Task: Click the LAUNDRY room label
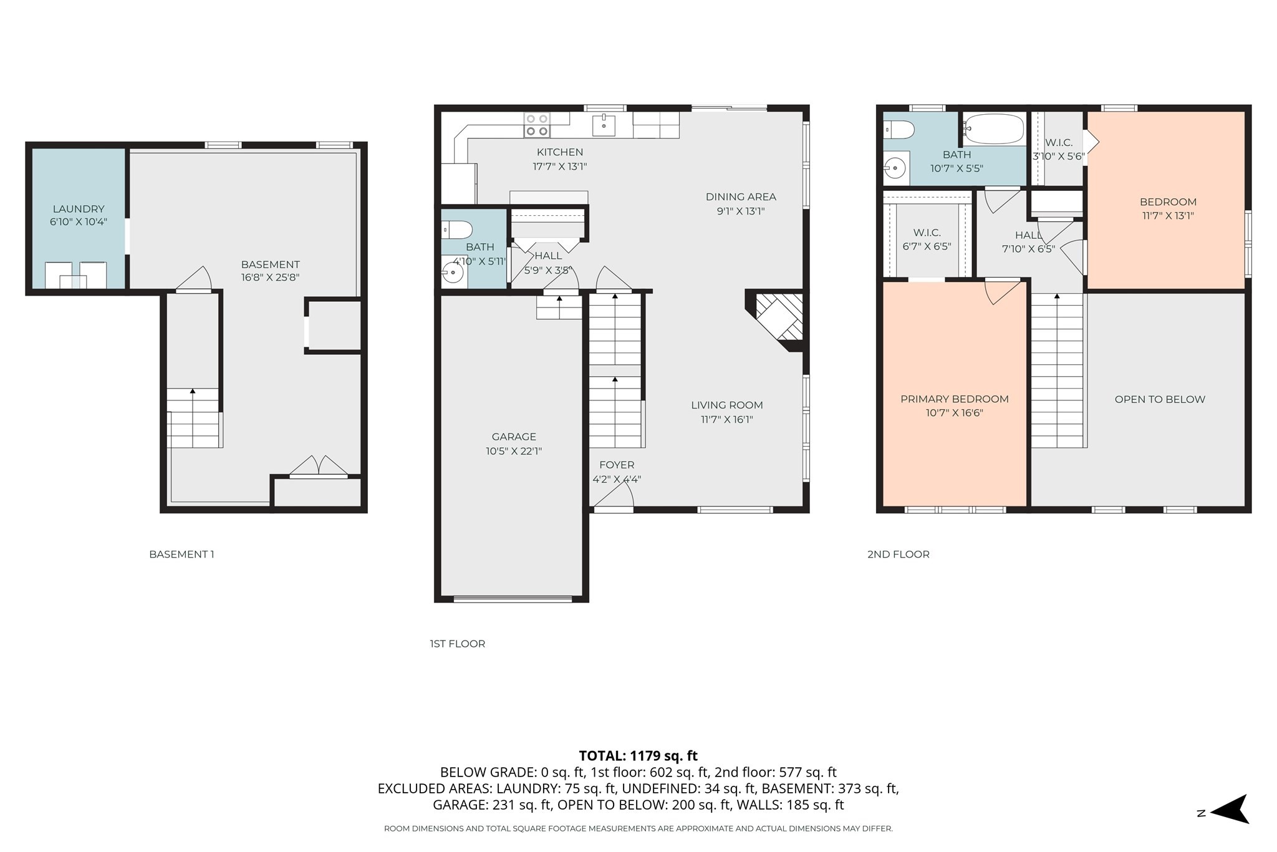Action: click(x=79, y=209)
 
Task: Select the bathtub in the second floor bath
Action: click(x=994, y=129)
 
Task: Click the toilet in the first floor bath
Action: click(x=458, y=230)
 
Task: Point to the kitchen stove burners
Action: click(x=537, y=124)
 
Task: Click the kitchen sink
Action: click(x=603, y=124)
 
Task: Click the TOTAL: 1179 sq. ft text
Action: click(x=638, y=756)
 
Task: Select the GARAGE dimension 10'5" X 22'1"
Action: click(x=514, y=451)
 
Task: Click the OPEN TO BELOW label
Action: click(x=1159, y=399)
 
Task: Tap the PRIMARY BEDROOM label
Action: click(x=954, y=399)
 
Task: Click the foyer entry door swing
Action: click(x=615, y=496)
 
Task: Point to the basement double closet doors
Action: click(x=319, y=467)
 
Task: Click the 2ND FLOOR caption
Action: click(x=898, y=554)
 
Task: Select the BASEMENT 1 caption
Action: click(x=181, y=554)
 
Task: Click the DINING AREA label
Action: click(x=741, y=196)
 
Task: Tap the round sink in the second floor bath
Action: click(x=895, y=168)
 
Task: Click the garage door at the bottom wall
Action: click(x=513, y=599)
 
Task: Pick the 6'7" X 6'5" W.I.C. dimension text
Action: click(x=927, y=246)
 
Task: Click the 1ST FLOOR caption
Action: click(x=457, y=644)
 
